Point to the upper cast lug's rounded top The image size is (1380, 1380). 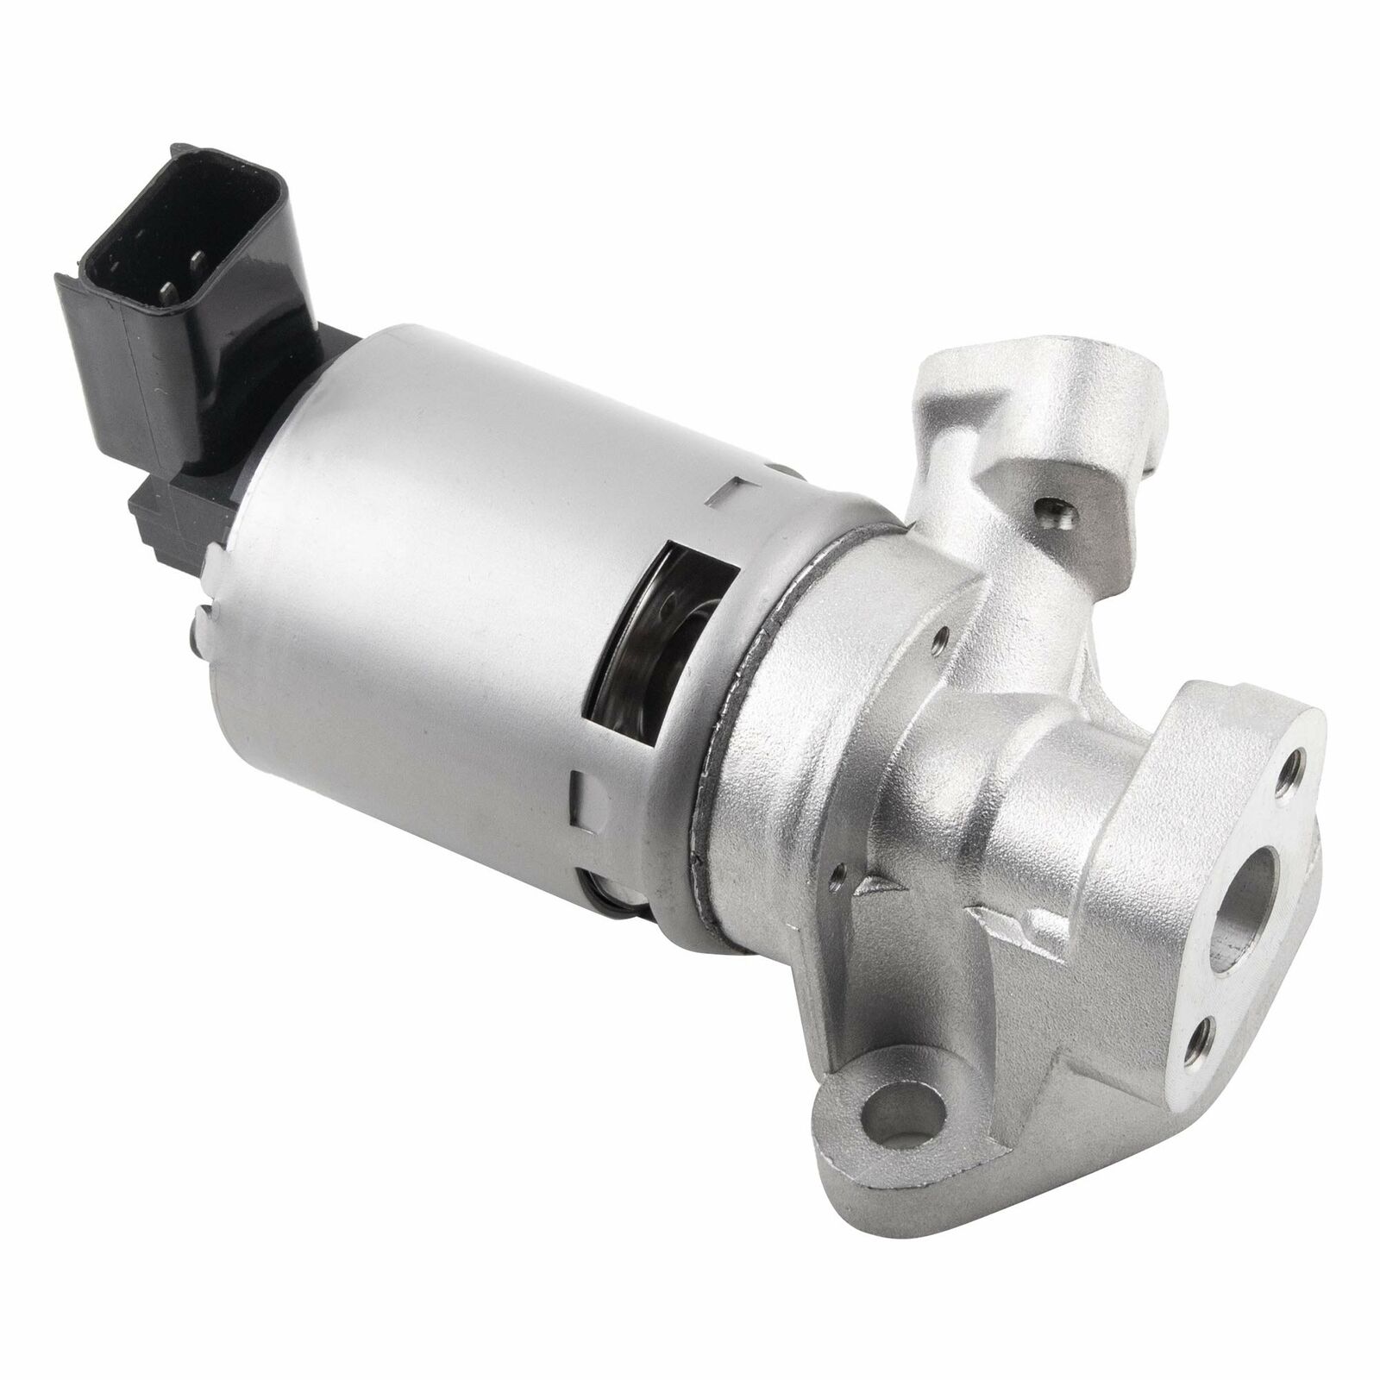tap(983, 362)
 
